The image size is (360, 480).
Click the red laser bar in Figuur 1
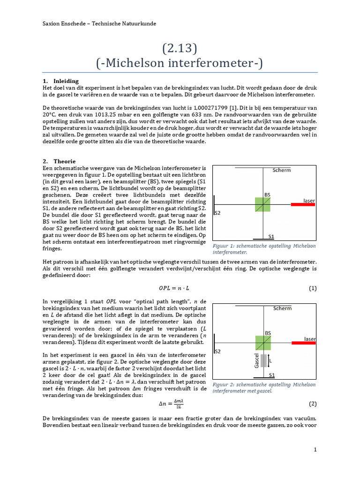point(303,204)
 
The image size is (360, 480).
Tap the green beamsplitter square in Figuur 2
point(262,343)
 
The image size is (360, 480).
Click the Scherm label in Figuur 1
point(282,170)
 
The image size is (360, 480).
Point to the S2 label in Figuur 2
point(217,351)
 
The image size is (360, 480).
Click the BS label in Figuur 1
point(267,195)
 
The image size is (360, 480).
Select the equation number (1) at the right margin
point(313,288)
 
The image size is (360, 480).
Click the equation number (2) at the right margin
point(313,404)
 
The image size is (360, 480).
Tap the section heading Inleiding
point(66,81)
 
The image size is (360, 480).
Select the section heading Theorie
point(64,161)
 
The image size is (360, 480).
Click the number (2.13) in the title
point(180,48)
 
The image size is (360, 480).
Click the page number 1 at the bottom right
point(315,450)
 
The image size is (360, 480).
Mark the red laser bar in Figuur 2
point(303,343)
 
